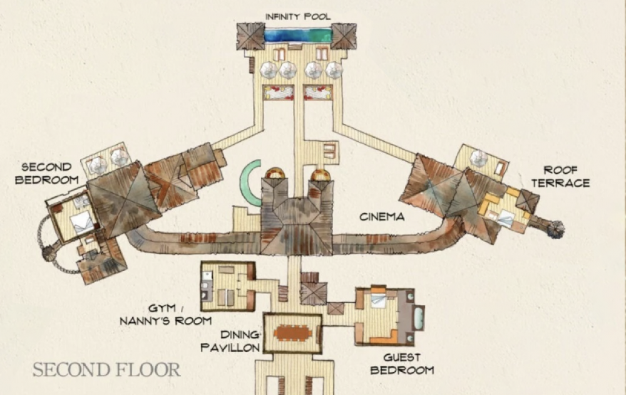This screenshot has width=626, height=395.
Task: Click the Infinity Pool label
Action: pyautogui.click(x=298, y=17)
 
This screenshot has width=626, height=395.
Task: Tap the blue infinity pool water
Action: pyautogui.click(x=298, y=34)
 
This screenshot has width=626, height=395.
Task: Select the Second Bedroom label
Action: pyautogui.click(x=47, y=173)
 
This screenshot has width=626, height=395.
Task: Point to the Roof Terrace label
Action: pyautogui.click(x=560, y=176)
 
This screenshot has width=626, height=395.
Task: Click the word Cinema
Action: pyautogui.click(x=382, y=217)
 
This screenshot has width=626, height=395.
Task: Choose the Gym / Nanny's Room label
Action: pyautogui.click(x=165, y=315)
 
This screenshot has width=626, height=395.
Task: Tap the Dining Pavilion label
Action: pyautogui.click(x=230, y=341)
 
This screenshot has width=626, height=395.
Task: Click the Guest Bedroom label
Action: pyautogui.click(x=402, y=364)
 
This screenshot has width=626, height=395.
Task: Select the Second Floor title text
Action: pyautogui.click(x=106, y=370)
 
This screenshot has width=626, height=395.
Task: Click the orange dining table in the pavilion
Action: pyautogui.click(x=293, y=333)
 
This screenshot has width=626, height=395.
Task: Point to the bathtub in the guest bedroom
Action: pyautogui.click(x=418, y=317)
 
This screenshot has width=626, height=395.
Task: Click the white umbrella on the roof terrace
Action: pyautogui.click(x=479, y=159)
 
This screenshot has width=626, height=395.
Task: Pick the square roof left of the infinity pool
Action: pyautogui.click(x=250, y=36)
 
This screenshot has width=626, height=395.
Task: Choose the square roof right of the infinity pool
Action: pyautogui.click(x=343, y=36)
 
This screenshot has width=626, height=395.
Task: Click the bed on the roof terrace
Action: pyautogui.click(x=505, y=219)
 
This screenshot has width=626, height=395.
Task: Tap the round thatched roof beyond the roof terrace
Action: pyautogui.click(x=555, y=229)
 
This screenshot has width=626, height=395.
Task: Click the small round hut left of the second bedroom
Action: pyautogui.click(x=49, y=253)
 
